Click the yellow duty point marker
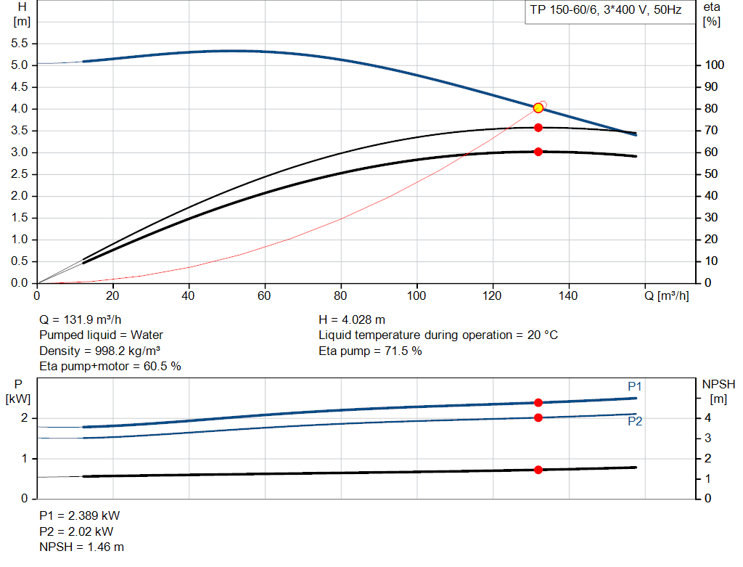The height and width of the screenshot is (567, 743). tap(538, 108)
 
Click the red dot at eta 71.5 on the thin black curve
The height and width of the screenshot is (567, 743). tap(538, 128)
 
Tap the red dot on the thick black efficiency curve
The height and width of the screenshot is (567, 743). tap(538, 152)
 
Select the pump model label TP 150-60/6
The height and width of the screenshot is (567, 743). tap(603, 12)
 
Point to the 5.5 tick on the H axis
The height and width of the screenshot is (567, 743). tap(20, 44)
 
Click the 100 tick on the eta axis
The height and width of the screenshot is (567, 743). tap(714, 65)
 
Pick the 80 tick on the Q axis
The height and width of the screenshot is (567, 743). tap(341, 295)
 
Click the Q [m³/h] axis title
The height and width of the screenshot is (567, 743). tap(665, 295)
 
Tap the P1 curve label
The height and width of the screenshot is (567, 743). tap(635, 386)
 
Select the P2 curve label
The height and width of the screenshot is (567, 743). tap(635, 421)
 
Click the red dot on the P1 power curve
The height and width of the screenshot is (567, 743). tap(538, 403)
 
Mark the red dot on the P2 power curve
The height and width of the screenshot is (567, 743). tap(538, 417)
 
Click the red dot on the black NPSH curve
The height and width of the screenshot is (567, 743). tap(538, 470)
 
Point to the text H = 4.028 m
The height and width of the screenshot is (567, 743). tap(352, 319)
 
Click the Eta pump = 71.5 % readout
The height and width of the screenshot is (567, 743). tap(370, 351)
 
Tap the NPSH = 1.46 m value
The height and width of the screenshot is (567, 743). tap(81, 547)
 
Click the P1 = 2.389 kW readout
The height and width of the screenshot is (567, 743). tap(79, 515)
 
